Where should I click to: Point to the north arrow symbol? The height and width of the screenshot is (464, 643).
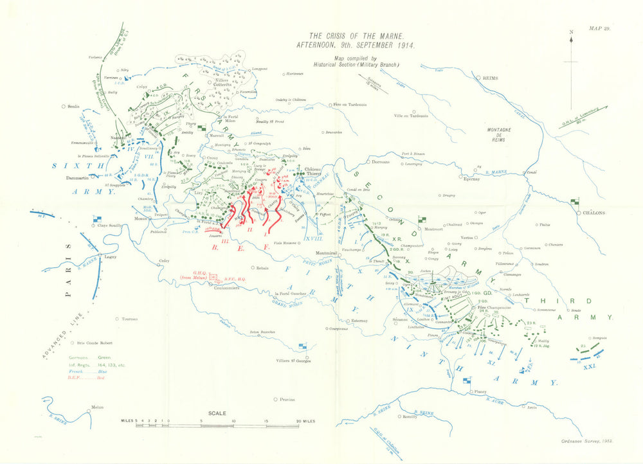[571, 42]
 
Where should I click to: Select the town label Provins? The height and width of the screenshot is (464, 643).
[287, 400]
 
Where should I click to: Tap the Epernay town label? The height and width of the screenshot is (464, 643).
[471, 179]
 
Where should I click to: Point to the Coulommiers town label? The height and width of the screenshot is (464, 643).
[226, 288]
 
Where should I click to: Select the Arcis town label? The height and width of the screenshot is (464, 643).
[530, 407]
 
